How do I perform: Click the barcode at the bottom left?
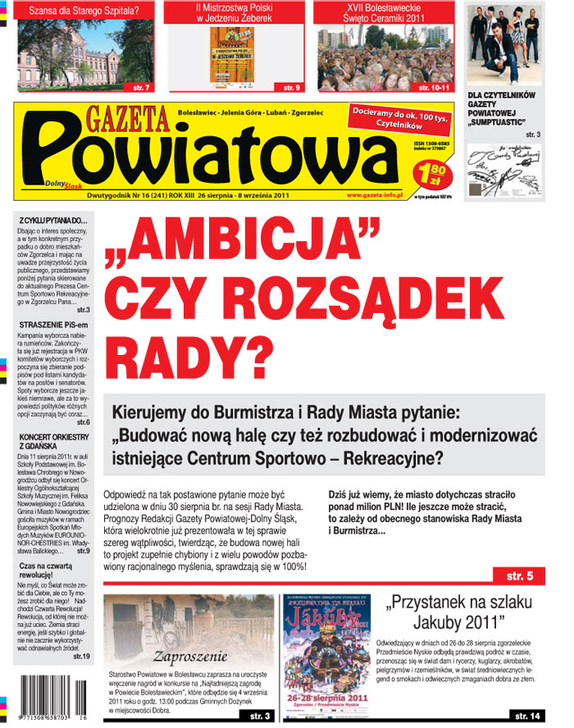52,698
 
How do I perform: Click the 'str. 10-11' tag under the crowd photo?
434,87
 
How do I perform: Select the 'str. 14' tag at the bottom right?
522,716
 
